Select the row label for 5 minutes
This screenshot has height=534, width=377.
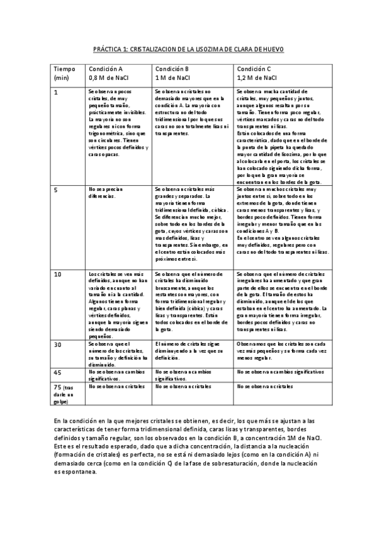(56, 189)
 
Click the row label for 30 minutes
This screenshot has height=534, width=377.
(57, 344)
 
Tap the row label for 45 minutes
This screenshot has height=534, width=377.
(57, 372)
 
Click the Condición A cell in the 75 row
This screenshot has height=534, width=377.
(113, 386)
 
